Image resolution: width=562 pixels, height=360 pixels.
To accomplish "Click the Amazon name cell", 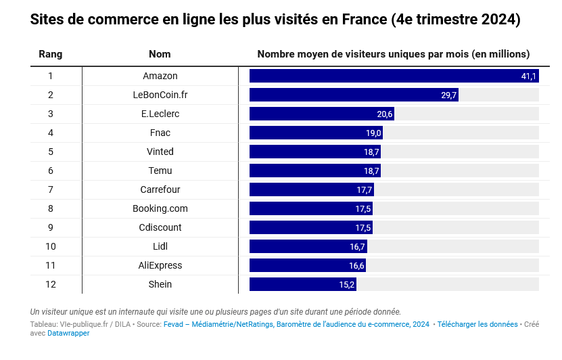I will pos(160,76).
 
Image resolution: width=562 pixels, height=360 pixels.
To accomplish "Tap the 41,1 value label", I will pos(528,76).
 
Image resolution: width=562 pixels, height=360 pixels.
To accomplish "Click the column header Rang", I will pos(50,54).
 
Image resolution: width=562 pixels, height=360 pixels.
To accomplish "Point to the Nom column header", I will pos(160,54).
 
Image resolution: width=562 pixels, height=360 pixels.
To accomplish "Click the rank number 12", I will pos(50,284).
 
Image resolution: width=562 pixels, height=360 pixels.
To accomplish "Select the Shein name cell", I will pos(160,284).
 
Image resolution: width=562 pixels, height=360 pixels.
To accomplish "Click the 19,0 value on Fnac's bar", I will pos(374,133).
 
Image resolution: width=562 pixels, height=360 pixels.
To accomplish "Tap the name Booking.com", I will pos(160,208).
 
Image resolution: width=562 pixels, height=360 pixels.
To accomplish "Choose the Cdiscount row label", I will pos(160,227).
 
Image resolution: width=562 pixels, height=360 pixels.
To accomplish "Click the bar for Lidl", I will pos(308,246).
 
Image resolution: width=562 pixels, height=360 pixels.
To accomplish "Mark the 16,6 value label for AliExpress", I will pos(356,266).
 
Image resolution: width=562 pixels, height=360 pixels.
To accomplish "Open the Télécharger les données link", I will pos(477,325).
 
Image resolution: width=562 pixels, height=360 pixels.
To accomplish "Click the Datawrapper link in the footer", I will pos(68,334).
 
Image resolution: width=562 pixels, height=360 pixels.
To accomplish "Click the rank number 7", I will pos(50,189).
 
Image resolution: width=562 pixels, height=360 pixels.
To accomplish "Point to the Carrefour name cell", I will pos(160,189).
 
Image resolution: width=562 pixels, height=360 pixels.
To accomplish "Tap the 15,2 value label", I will pos(347,285).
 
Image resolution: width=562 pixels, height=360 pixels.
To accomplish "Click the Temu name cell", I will pos(160,171).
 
